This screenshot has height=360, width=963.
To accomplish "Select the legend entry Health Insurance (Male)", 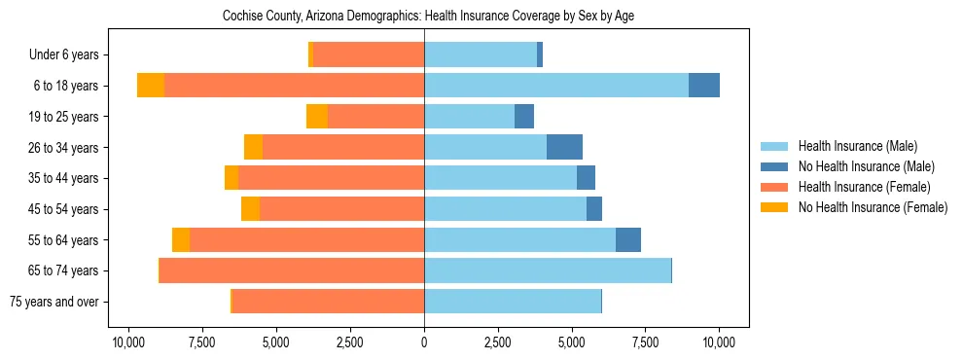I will tap(857, 146).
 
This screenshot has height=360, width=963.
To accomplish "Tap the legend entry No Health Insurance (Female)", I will tap(873, 207).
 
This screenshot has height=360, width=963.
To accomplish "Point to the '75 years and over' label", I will tap(53, 302).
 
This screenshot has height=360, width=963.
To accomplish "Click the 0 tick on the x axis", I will tap(424, 342).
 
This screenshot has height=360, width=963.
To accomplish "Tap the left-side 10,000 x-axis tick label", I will tap(128, 342).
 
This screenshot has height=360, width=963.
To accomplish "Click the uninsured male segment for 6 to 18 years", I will tap(704, 86).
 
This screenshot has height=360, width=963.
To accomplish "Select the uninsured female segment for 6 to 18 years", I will tap(151, 86).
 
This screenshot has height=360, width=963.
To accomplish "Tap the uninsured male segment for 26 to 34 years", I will tap(564, 147).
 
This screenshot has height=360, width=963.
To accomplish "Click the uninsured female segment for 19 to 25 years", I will tap(317, 117).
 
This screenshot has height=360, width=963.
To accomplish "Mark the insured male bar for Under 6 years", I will tap(481, 54).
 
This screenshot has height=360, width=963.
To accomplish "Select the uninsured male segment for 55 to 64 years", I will tap(628, 239).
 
